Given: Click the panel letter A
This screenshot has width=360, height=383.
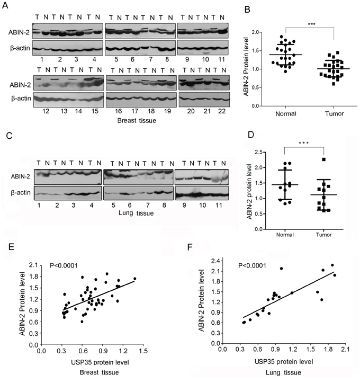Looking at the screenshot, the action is click(5, 5).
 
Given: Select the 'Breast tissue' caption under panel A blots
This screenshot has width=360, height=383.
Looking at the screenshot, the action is click(137, 120).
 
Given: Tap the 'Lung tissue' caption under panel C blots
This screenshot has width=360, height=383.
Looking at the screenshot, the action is click(136, 213).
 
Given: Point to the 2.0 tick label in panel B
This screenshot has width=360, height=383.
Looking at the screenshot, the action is click(255, 32).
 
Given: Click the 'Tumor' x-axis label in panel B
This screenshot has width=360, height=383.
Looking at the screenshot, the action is click(334, 113).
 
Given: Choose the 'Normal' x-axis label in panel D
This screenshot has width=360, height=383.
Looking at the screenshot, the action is click(285, 235).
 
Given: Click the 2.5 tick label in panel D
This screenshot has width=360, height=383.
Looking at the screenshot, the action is click(258, 153).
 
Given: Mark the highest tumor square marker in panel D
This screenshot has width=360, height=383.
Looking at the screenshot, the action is click(323, 159).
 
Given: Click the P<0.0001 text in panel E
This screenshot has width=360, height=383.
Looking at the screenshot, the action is click(64, 265).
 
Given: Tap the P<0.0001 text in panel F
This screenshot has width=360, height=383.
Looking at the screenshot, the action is click(252, 265).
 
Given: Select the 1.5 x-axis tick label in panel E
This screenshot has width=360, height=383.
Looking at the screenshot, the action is click(143, 351).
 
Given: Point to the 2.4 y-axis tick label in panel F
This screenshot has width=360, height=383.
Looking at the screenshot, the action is click(215, 261).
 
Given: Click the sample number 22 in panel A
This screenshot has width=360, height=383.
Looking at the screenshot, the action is click(222, 111).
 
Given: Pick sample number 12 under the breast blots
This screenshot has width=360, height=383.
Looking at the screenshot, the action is click(46, 111).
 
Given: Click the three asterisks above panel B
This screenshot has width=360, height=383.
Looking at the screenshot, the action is click(311, 24).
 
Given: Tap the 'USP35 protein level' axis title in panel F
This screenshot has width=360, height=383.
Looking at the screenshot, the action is click(284, 361).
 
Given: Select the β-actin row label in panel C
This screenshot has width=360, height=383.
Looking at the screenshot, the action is click(21, 193).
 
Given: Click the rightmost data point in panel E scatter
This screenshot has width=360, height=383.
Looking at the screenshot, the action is click(134, 279).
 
